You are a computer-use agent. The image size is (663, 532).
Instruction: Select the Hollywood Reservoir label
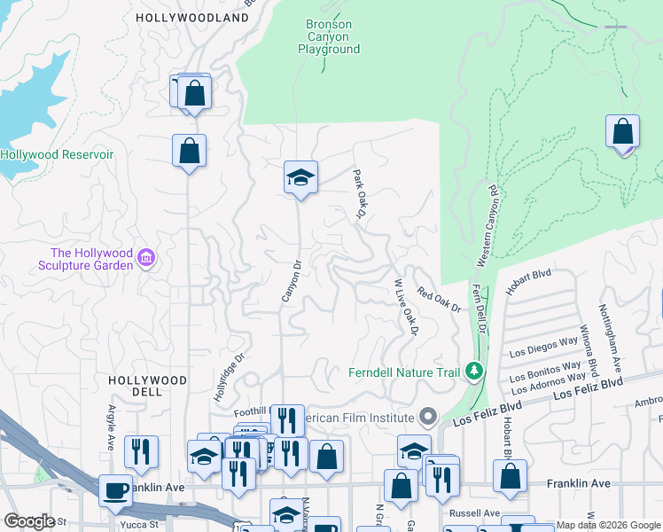coord(58,154)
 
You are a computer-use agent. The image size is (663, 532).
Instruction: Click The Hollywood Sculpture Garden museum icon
coord(147,260)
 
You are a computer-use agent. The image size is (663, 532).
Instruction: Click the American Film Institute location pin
coord(429,417)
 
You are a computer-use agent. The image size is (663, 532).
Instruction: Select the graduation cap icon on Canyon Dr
coord(300,178)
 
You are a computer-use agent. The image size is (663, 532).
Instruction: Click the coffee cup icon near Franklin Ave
coord(115,490)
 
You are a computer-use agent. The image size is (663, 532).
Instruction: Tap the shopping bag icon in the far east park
coord(623,133)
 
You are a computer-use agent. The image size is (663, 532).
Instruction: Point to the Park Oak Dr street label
coord(360,193)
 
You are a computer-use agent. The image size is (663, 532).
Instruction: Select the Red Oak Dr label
coord(440,301)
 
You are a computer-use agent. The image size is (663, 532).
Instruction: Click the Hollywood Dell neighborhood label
coord(147,386)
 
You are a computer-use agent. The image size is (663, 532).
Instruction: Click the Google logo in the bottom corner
coord(29,521)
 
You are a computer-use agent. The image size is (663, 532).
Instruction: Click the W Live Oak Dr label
coord(405,307)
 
